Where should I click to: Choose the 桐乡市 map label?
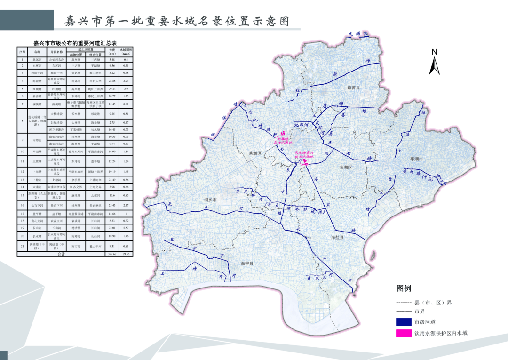209,200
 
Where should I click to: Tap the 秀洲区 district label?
254,153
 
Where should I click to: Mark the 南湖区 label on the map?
345,167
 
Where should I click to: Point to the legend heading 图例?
404,288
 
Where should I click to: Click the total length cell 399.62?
112,254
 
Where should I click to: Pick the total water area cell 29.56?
126,254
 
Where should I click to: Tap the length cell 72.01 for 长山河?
112,227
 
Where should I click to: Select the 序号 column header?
22,51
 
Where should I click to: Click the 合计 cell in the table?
61,254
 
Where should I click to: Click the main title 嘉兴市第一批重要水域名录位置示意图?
176,21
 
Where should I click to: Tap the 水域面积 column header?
126,51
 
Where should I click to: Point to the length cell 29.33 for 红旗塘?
112,88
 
